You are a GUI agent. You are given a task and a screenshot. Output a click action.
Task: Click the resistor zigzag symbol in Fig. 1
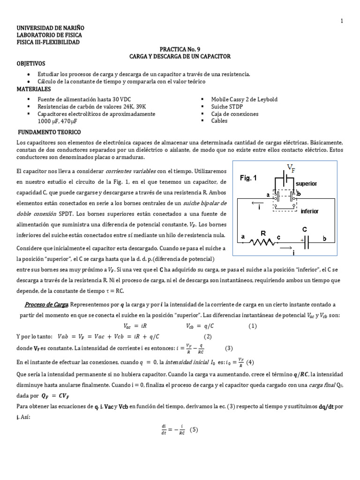264,242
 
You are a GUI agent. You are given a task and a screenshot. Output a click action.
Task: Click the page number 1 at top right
342,21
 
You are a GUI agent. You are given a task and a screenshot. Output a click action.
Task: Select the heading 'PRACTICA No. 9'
180,49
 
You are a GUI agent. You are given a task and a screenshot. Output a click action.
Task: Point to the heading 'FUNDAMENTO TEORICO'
49,132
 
